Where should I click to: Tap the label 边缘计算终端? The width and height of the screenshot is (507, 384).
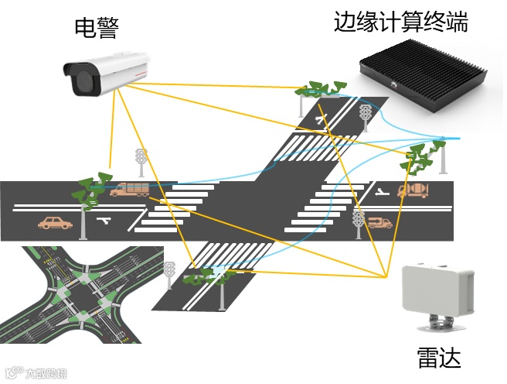[400, 21]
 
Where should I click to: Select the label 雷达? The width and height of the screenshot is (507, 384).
[438, 357]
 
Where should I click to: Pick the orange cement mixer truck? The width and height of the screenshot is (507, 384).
[413, 190]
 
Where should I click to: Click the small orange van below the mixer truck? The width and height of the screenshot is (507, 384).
[379, 223]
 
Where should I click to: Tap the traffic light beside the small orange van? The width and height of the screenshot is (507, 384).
[358, 221]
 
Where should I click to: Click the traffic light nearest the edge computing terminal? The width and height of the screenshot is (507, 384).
[365, 116]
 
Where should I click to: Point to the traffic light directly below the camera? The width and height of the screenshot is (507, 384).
[141, 159]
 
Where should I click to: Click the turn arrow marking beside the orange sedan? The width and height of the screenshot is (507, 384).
[106, 221]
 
